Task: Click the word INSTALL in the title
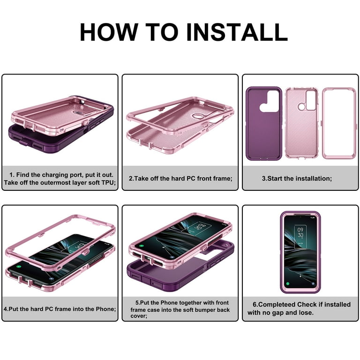(237, 32)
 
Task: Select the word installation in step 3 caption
(314, 179)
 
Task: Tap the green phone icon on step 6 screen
(288, 284)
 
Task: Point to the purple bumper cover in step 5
(179, 271)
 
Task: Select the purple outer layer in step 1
(60, 135)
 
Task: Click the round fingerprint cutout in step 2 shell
(197, 116)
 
